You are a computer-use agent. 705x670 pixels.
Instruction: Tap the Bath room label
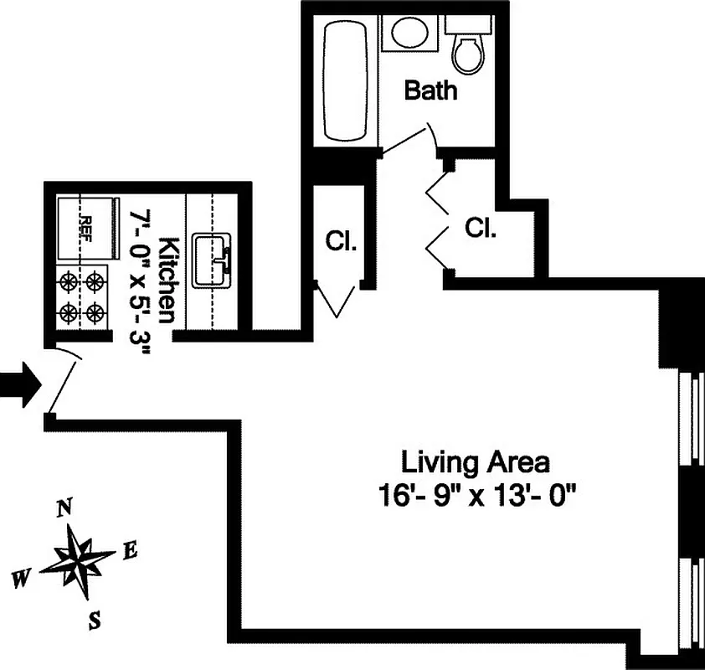tap(431, 90)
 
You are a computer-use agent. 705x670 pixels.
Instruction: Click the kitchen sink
tap(212, 260)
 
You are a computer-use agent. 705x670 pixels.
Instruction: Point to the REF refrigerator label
tap(85, 227)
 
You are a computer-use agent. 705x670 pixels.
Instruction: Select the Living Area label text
tap(476, 461)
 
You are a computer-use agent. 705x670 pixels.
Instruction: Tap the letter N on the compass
tap(64, 508)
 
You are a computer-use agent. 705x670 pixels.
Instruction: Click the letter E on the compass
tap(130, 550)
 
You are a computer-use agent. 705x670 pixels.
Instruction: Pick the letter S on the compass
tap(95, 621)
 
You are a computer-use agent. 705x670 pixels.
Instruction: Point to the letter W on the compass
tap(23, 577)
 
